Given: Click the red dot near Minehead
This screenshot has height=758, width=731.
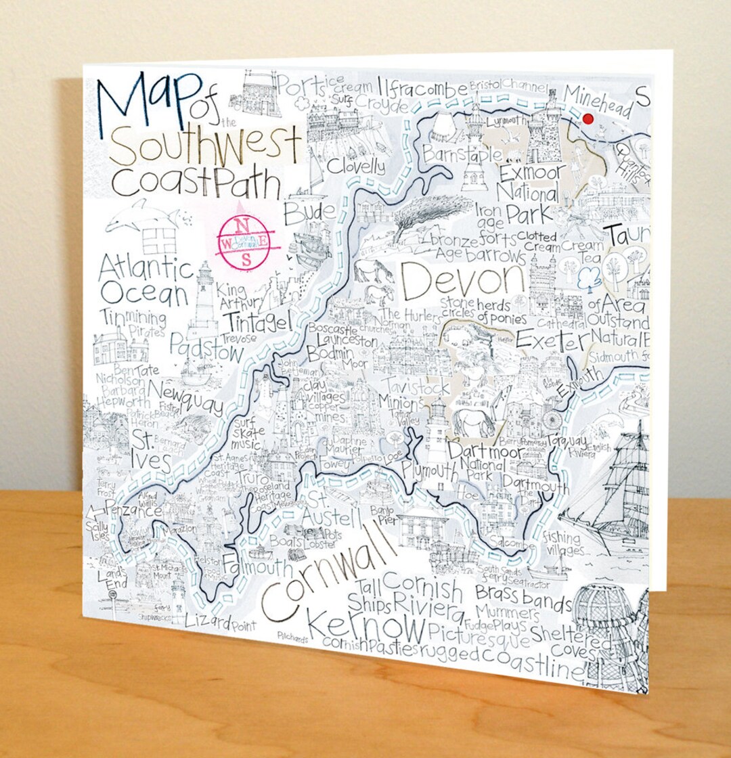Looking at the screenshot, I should pos(588,119).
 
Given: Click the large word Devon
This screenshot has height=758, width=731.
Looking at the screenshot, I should pos(462,279).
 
